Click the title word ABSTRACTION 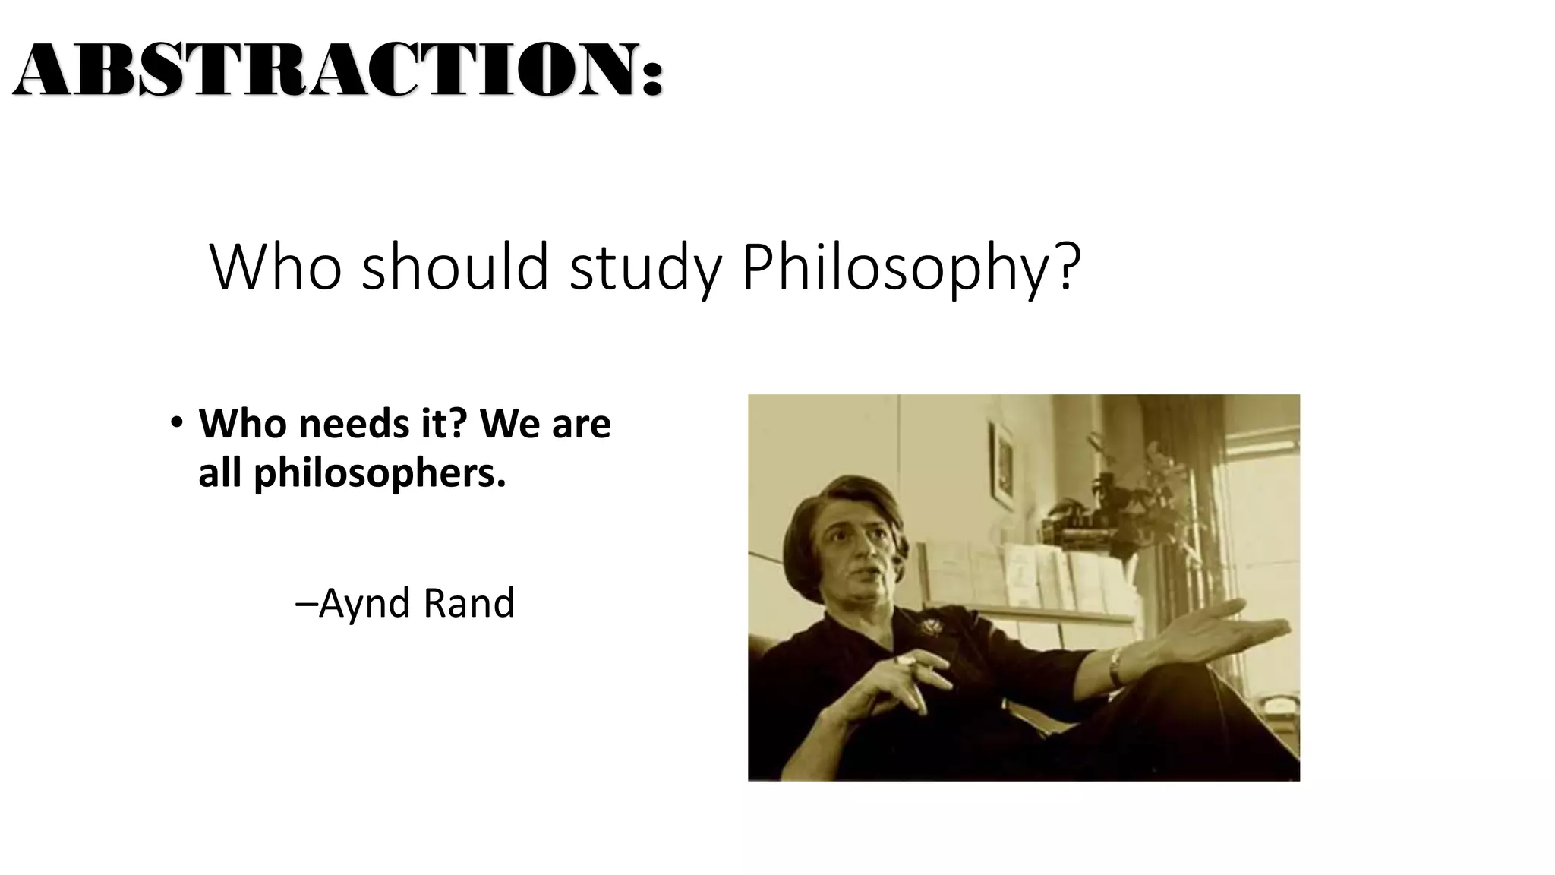coord(326,70)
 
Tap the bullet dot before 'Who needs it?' coord(177,422)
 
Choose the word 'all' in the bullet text coord(220,472)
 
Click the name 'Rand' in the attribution coord(468,603)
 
